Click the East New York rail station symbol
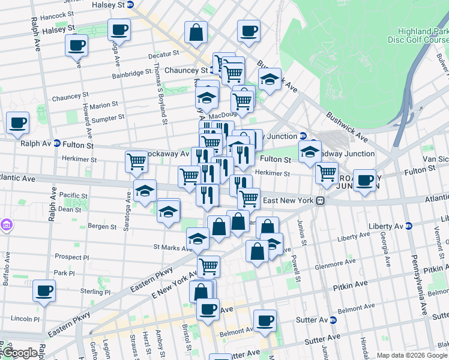pyautogui.click(x=321, y=200)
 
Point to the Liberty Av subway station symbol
pyautogui.click(x=409, y=226)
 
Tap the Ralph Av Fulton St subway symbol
pyautogui.click(x=57, y=144)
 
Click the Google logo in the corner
pyautogui.click(x=19, y=352)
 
